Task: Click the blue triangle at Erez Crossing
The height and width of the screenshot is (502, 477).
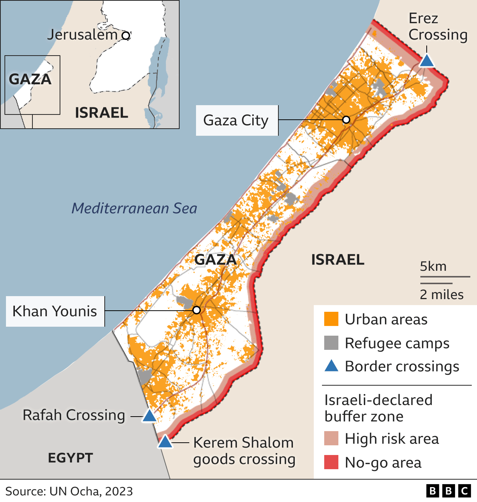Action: click(427, 61)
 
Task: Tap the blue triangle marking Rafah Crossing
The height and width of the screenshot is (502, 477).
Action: click(149, 416)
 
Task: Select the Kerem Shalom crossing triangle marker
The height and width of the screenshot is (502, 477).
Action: click(165, 442)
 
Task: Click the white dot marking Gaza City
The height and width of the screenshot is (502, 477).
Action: click(346, 120)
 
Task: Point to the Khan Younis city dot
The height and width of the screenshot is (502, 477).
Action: click(197, 310)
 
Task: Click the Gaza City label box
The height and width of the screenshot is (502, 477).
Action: click(237, 120)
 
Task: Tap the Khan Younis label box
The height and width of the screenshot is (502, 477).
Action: click(55, 311)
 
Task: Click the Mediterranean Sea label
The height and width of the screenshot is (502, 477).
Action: click(134, 208)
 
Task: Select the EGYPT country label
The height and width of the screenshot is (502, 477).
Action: click(70, 458)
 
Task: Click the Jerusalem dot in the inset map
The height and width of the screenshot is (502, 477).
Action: click(126, 36)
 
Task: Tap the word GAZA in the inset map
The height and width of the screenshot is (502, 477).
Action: click(30, 79)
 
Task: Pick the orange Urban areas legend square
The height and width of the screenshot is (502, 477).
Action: click(331, 319)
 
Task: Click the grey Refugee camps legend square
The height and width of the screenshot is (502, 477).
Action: click(331, 343)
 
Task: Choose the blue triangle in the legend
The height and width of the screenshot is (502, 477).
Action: click(331, 366)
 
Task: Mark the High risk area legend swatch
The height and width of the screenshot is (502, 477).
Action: click(331, 439)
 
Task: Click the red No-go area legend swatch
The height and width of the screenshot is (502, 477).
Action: click(331, 462)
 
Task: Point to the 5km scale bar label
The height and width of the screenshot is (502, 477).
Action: click(433, 266)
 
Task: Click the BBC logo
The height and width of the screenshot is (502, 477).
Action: click(449, 491)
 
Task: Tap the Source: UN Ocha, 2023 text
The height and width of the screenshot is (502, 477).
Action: click(69, 491)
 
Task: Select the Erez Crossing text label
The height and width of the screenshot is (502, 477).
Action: click(437, 26)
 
